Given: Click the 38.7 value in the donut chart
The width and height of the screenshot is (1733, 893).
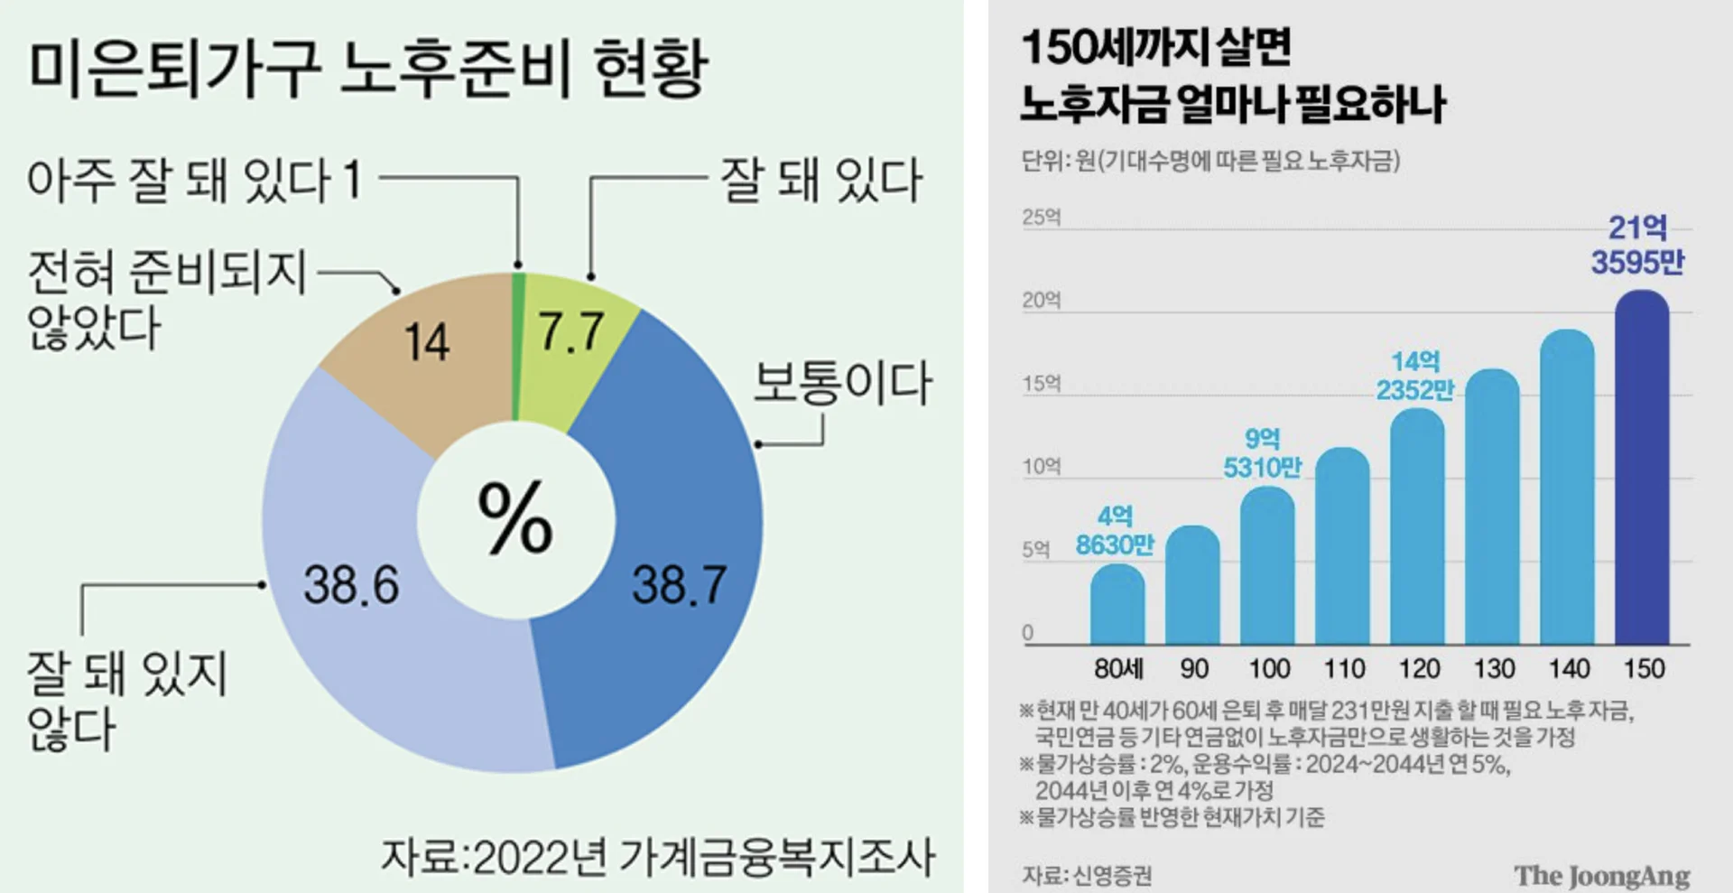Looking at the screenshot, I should pyautogui.click(x=679, y=584).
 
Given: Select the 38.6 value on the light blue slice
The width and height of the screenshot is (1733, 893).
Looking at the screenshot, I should pyautogui.click(x=351, y=584).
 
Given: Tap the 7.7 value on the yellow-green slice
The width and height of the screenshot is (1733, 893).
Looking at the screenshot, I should pyautogui.click(x=571, y=331).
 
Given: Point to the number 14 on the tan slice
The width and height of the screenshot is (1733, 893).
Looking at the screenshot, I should pyautogui.click(x=426, y=343).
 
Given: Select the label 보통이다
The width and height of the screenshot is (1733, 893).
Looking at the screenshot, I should pyautogui.click(x=842, y=383).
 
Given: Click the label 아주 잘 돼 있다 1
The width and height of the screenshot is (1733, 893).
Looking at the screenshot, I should pyautogui.click(x=195, y=180).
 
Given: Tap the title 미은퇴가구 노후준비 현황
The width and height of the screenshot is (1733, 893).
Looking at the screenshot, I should pyautogui.click(x=368, y=69).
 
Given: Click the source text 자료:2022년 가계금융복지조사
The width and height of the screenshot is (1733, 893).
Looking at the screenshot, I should pyautogui.click(x=658, y=857).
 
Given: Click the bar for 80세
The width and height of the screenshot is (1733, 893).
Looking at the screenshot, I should pyautogui.click(x=1117, y=604).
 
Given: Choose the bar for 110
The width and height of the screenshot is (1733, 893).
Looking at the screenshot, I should pyautogui.click(x=1343, y=545).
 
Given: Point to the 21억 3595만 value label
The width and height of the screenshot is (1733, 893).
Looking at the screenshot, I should pyautogui.click(x=1637, y=245).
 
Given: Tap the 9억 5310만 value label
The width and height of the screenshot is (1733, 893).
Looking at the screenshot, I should pyautogui.click(x=1262, y=453).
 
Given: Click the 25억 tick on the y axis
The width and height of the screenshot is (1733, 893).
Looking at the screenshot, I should pyautogui.click(x=1042, y=218).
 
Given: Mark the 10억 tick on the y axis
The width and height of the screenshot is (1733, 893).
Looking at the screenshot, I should pyautogui.click(x=1042, y=467).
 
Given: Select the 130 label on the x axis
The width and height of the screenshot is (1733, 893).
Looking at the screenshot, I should pyautogui.click(x=1494, y=669).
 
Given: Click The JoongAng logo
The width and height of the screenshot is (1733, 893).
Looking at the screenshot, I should pyautogui.click(x=1602, y=875).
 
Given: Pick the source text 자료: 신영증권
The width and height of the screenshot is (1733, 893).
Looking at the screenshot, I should pyautogui.click(x=1087, y=875).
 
